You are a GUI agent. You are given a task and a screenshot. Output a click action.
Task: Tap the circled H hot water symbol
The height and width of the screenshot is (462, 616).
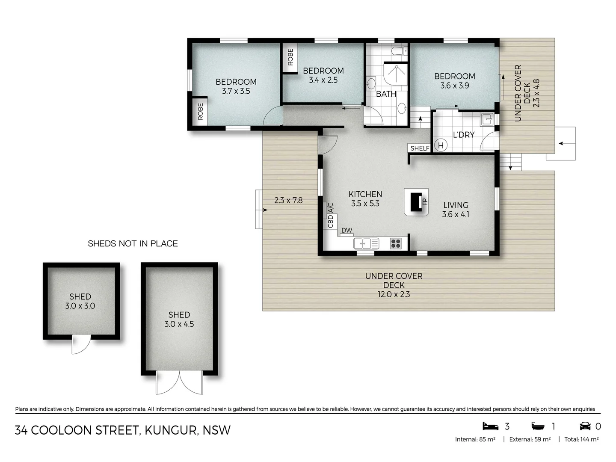[441, 145]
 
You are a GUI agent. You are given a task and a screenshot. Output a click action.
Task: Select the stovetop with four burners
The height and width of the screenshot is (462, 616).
[396, 243]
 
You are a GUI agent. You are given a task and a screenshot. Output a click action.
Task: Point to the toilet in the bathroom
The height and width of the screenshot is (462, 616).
[398, 51]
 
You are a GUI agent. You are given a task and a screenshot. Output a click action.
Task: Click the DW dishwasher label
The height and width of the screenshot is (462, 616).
[346, 231]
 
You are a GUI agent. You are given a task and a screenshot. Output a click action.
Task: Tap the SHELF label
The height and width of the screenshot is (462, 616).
[420, 148]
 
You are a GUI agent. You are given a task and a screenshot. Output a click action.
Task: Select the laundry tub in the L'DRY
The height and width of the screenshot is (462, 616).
[487, 119]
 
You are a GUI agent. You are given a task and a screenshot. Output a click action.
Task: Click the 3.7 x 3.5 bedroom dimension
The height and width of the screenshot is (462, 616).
[236, 91]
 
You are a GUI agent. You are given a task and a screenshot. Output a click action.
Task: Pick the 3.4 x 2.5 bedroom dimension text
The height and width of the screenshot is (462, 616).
[323, 80]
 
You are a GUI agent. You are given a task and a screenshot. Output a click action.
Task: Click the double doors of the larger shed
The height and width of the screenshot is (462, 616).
[179, 382]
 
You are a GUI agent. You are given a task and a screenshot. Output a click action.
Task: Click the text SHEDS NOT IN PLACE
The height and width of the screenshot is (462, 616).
[133, 243]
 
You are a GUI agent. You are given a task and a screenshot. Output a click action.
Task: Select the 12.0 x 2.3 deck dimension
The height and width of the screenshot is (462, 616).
[394, 294]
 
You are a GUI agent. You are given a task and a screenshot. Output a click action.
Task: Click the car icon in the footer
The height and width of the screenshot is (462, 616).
[585, 426]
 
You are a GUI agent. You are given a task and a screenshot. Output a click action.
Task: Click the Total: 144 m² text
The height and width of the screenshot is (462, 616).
[581, 439]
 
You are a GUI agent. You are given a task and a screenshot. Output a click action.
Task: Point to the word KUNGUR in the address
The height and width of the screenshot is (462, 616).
[171, 430]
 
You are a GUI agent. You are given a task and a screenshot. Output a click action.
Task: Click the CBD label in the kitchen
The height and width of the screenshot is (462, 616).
[330, 221]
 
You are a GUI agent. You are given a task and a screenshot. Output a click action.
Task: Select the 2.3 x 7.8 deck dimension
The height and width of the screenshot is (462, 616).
[288, 200]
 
